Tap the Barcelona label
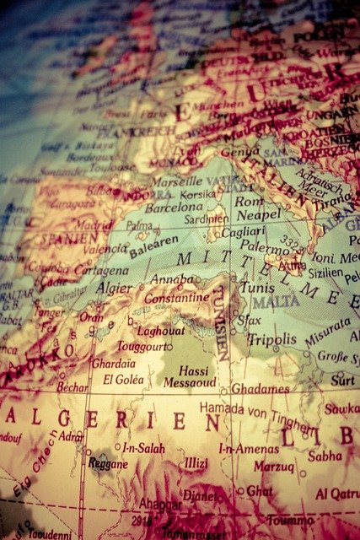tap(175, 207)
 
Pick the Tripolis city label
tap(272, 338)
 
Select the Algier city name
tap(114, 288)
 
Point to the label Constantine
tap(177, 298)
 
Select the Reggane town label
tap(107, 464)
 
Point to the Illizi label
tap(196, 463)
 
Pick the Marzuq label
tap(274, 465)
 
